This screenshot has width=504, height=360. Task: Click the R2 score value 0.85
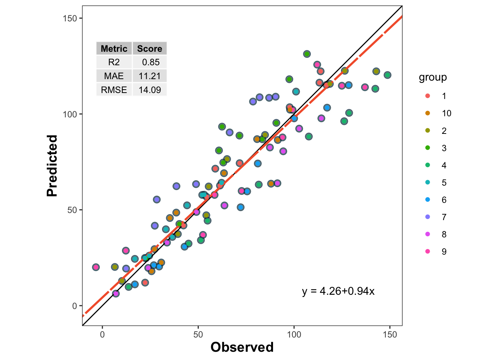tap(150, 62)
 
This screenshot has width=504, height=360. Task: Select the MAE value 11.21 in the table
tap(150, 76)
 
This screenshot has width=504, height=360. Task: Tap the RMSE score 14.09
tap(150, 90)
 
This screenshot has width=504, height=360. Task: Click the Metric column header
tap(114, 49)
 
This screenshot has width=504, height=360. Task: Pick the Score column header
tap(150, 49)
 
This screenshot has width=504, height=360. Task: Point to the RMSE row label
tap(114, 90)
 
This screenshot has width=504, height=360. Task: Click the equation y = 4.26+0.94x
tap(338, 291)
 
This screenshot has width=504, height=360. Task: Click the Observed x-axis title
tap(242, 347)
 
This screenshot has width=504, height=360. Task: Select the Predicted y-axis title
tap(52, 165)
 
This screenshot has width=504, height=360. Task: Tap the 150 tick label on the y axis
tap(69, 18)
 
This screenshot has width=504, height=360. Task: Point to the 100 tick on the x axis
tap(294, 334)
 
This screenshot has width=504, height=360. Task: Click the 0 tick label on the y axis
tap(74, 306)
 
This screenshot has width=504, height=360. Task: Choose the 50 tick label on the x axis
tap(198, 334)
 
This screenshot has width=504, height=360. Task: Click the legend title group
tap(433, 77)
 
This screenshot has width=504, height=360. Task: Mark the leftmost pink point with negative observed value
tap(96, 267)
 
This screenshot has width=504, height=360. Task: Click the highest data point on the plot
tap(307, 54)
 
